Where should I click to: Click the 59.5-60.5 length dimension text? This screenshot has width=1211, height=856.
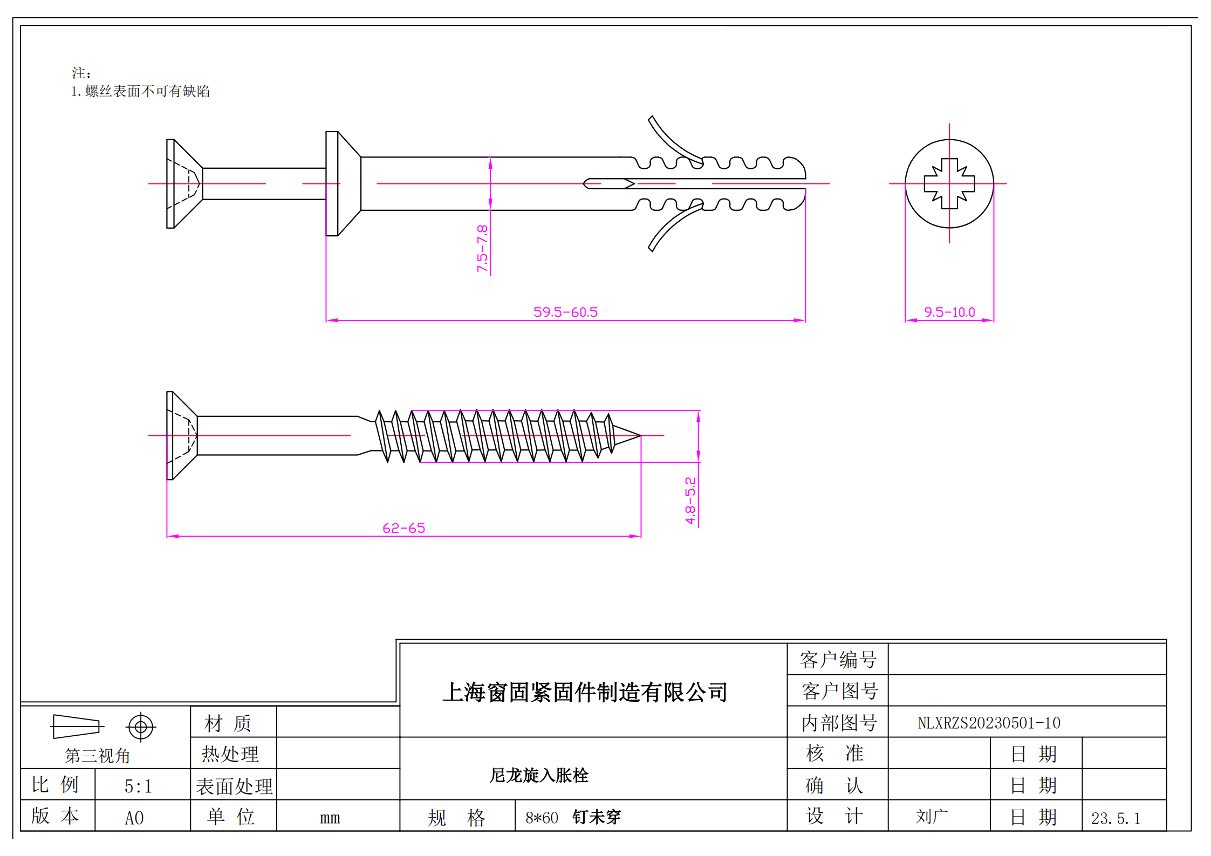click(565, 312)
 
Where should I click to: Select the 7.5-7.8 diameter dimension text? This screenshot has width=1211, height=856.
click(482, 249)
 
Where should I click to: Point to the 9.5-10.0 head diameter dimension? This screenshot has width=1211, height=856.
click(949, 312)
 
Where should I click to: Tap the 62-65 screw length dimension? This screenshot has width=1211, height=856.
click(403, 528)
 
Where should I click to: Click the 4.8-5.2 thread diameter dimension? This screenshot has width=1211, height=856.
click(690, 501)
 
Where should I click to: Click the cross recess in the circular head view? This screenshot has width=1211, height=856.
click(949, 184)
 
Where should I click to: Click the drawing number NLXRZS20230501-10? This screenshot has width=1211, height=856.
click(989, 723)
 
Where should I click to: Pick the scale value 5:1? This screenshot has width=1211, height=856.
click(138, 786)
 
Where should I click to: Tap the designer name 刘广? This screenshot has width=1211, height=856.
click(932, 817)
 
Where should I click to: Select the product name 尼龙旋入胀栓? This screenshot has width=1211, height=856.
click(539, 775)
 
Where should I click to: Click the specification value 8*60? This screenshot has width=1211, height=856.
click(542, 818)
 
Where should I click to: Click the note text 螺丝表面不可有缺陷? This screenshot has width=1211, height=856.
click(147, 91)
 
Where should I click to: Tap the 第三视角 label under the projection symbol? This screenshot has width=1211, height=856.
click(98, 756)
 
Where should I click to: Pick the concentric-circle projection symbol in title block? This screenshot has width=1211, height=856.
click(141, 727)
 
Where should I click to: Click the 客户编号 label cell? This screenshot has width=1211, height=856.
click(838, 660)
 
